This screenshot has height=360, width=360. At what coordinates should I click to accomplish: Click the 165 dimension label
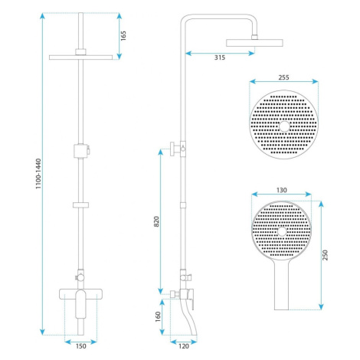tap(123, 36)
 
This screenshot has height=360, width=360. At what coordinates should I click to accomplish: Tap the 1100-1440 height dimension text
tap(38, 174)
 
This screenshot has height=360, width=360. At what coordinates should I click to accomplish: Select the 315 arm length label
tap(220, 57)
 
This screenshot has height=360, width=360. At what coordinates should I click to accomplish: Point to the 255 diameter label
tap(283, 77)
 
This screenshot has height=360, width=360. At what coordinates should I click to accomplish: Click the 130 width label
tap(282, 190)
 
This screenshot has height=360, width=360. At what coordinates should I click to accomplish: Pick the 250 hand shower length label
tap(325, 255)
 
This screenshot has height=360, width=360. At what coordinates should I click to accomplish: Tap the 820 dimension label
tap(156, 221)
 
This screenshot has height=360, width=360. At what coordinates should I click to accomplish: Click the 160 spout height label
tap(158, 316)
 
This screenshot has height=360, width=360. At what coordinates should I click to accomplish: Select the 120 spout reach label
tap(184, 346)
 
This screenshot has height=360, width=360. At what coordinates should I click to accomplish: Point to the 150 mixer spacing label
tap(80, 346)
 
